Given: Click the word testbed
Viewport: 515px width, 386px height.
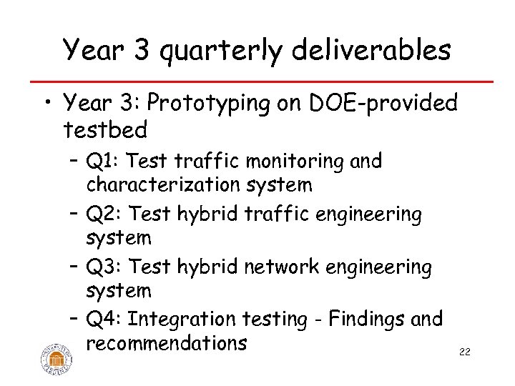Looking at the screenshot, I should (105, 130).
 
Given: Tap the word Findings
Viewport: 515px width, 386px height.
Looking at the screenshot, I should (362, 318).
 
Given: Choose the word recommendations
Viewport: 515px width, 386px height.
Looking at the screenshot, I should (166, 343).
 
